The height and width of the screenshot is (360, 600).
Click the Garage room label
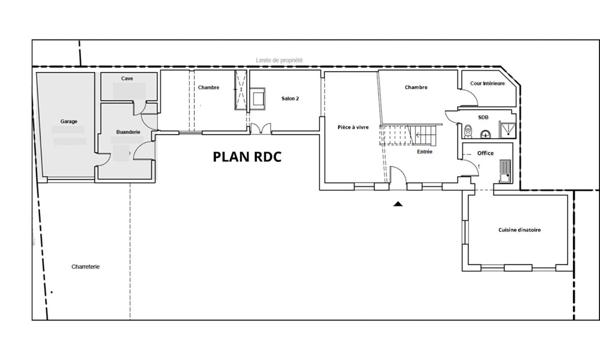click(68, 121)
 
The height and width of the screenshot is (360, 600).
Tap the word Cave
click(127, 78)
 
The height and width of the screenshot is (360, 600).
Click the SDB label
click(483, 117)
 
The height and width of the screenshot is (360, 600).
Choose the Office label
click(486, 152)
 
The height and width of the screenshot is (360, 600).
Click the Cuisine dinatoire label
click(519, 230)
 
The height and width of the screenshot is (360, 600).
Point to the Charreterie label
click(86, 266)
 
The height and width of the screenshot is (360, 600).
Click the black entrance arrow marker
click(398, 203)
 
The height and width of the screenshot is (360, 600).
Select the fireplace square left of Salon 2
click(258, 97)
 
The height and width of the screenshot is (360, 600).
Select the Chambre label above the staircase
click(416, 88)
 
